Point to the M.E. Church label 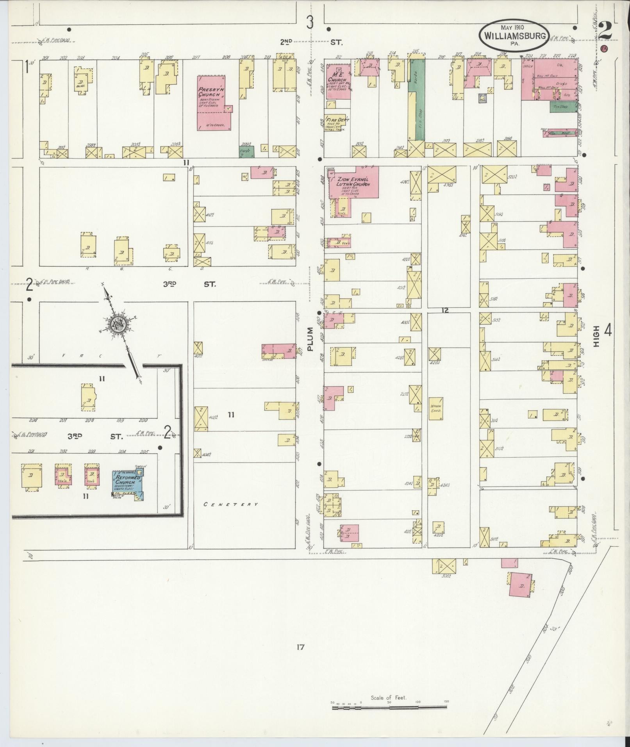(x=337, y=77)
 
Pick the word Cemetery (x=231, y=504)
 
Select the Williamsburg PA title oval (x=514, y=35)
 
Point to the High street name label (x=596, y=336)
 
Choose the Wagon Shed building (x=435, y=408)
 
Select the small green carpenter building (x=246, y=152)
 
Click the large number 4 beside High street (x=608, y=330)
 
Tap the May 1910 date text (x=512, y=28)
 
